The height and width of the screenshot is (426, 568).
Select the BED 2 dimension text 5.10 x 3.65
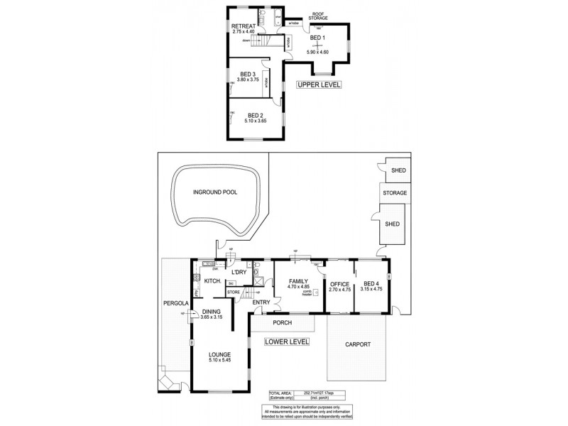(x=255, y=121)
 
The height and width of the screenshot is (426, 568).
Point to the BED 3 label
(x=248, y=74)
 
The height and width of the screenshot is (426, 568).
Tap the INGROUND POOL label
(x=215, y=192)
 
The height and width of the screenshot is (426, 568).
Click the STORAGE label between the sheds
(x=395, y=192)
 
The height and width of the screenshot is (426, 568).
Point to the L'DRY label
(x=239, y=272)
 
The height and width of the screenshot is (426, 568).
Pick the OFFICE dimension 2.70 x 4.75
(x=340, y=290)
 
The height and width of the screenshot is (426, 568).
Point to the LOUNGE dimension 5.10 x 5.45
(x=219, y=361)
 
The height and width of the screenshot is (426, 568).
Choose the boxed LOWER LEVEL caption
(x=288, y=341)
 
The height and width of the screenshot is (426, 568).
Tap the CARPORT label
(x=358, y=346)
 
